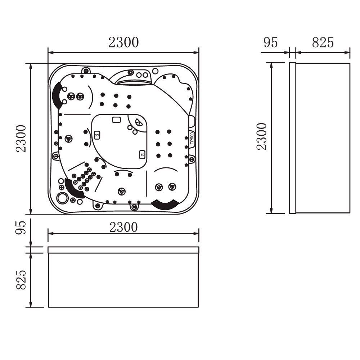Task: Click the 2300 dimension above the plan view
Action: point(123,42)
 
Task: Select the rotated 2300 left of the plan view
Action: point(21,139)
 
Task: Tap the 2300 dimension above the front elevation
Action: point(123,227)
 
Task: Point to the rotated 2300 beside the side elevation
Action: point(262,137)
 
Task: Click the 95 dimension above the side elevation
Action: point(271,42)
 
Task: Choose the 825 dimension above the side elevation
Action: point(323,42)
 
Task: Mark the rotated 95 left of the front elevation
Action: point(21,228)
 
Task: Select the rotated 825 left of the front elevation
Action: point(21,280)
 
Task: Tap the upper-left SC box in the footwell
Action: point(96,135)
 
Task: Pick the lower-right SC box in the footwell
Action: point(142,154)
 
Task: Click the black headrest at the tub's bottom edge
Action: point(165,204)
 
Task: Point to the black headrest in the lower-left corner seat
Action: point(74,189)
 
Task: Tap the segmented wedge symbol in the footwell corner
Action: point(138,122)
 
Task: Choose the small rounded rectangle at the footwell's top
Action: point(116,120)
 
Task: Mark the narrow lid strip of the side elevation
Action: point(292,138)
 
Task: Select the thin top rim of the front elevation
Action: point(123,250)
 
